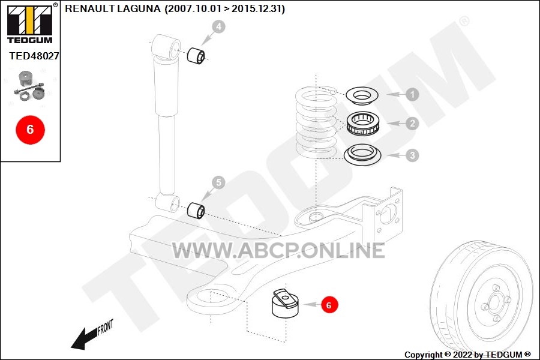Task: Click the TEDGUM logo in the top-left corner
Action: pos(30,23)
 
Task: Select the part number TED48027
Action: pos(34,56)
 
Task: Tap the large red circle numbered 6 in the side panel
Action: pos(31,130)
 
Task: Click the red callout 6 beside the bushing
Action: pos(329,305)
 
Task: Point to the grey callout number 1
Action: pos(412,94)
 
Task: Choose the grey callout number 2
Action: pos(412,124)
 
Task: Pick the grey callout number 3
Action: pos(412,155)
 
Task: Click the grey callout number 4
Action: pos(218,26)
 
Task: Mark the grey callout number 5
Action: pos(218,182)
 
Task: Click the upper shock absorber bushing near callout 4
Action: pos(196,55)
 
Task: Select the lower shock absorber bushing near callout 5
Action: pos(196,210)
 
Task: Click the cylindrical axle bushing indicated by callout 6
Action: pos(285,303)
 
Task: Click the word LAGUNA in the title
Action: pos(139,8)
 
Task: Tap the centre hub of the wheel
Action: pos(495,303)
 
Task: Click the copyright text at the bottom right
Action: pos(467,355)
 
